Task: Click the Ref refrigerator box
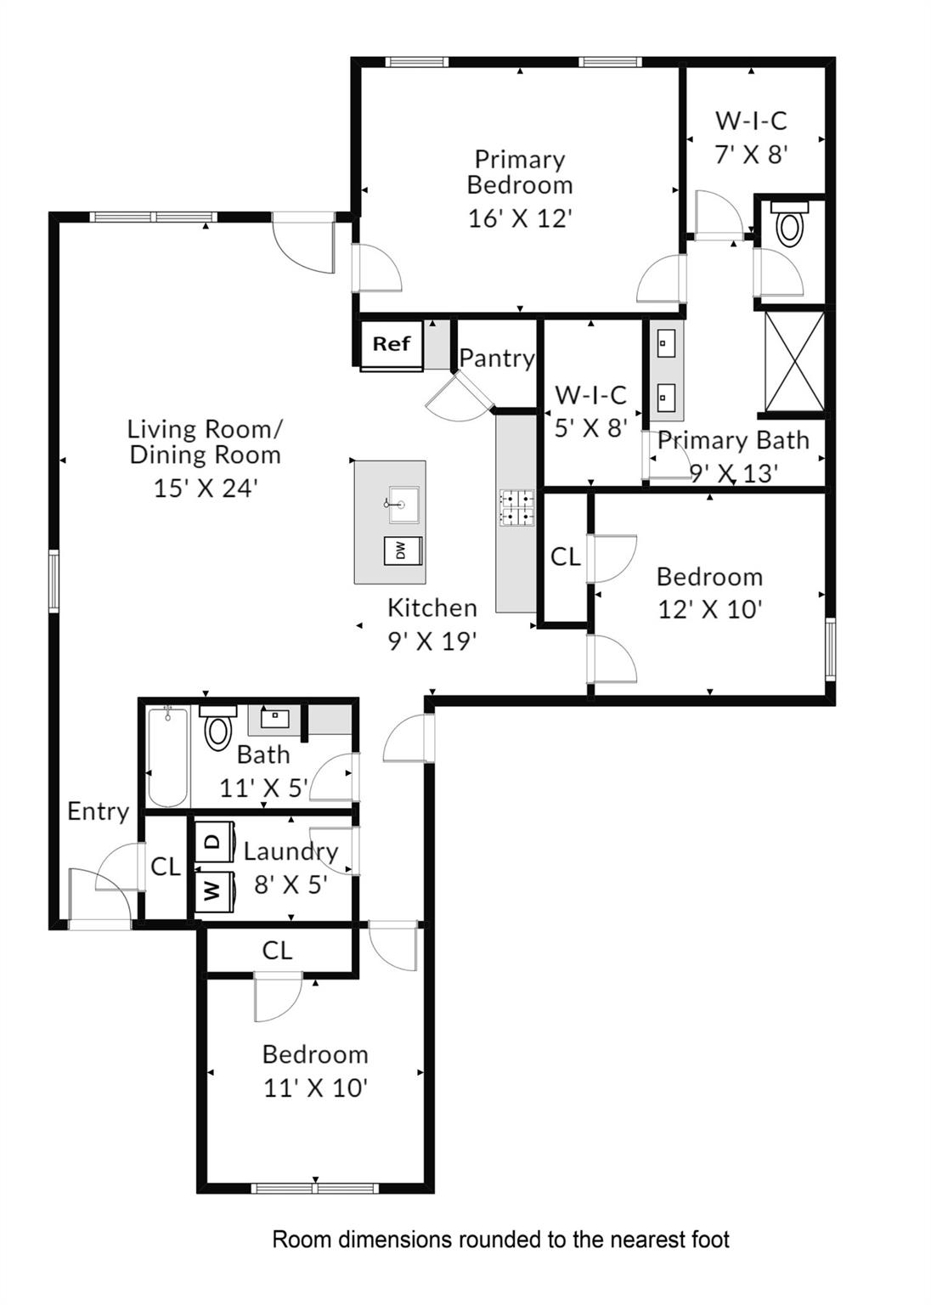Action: click(x=391, y=344)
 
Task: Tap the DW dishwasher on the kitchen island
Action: click(x=403, y=551)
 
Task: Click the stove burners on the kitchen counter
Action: click(x=516, y=507)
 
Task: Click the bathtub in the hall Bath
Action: click(x=167, y=756)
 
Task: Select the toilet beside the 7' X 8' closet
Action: click(x=790, y=225)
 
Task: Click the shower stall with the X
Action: click(x=794, y=361)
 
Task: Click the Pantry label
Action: click(x=497, y=358)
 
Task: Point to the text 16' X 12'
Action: click(x=520, y=218)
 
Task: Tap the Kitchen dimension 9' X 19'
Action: click(x=432, y=641)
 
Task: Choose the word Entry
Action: click(x=98, y=811)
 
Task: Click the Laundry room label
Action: click(x=291, y=850)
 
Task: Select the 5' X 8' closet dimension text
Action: click(x=590, y=427)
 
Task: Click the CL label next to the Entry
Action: click(x=166, y=867)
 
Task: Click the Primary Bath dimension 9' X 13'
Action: click(x=733, y=473)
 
